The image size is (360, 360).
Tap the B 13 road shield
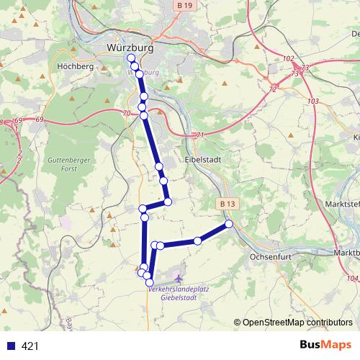pyautogui.click(x=228, y=204)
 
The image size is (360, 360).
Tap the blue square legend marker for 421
pyautogui.click(x=11, y=346)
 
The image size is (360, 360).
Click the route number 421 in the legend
pyautogui.click(x=30, y=346)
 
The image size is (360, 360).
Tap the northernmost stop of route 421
pyautogui.click(x=130, y=58)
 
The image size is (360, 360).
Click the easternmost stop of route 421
pyautogui.click(x=229, y=225)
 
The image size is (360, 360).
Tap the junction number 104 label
pyautogui.click(x=351, y=278)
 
